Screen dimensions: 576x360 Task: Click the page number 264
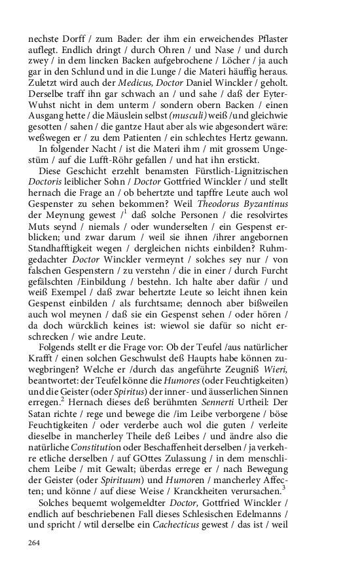[x=33, y=542]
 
